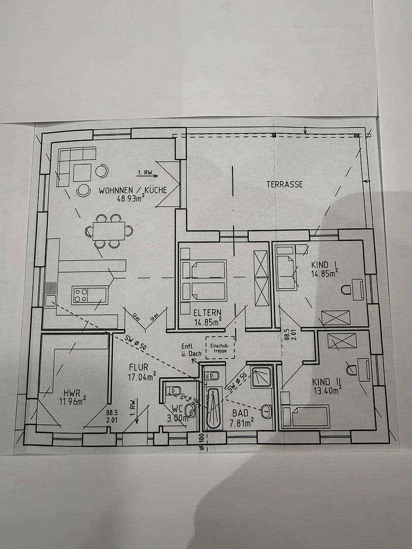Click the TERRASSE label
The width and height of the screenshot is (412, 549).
coord(284,184)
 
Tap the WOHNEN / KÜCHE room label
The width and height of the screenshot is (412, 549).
coord(133,191)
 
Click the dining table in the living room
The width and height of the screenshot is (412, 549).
coord(109,231)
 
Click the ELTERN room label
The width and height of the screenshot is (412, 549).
coord(206,312)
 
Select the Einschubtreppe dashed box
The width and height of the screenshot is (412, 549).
coord(220,348)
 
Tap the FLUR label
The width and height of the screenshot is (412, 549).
coord(138,367)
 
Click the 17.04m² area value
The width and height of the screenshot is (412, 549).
coord(142,377)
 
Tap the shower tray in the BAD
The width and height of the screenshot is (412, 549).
coord(261,376)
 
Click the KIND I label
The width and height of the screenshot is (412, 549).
coord(325,264)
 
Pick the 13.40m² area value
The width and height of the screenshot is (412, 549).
coord(326,390)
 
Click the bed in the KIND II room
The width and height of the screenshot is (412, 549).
coord(305,416)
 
